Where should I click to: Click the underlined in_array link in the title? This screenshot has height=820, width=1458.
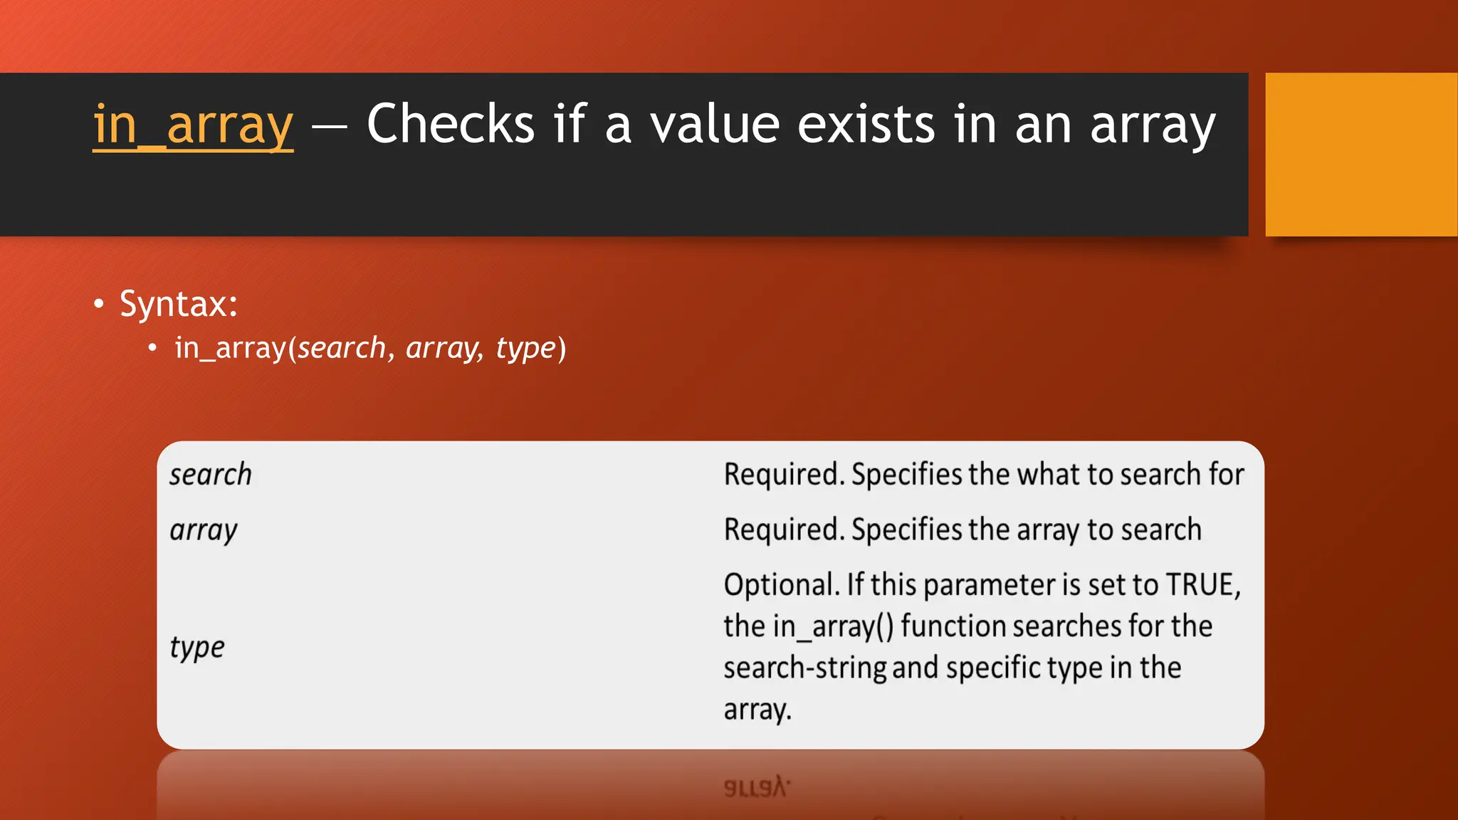(193, 125)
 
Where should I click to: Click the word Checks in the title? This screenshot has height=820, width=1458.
(450, 124)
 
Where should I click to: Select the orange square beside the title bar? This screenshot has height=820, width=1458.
(1360, 154)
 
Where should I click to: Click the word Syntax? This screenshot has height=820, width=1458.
(178, 304)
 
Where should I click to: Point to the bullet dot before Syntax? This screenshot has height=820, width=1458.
(99, 304)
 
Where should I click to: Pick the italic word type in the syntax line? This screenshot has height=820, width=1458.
(525, 349)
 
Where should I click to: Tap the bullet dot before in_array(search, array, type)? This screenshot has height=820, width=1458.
(152, 348)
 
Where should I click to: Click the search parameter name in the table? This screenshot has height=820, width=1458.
(211, 475)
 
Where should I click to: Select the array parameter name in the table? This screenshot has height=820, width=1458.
(204, 531)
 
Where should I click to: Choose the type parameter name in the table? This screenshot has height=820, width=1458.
(197, 648)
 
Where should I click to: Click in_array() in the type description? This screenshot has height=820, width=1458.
(833, 626)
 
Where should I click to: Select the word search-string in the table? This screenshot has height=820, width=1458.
(804, 668)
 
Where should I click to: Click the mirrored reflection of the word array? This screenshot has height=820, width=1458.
(757, 787)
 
